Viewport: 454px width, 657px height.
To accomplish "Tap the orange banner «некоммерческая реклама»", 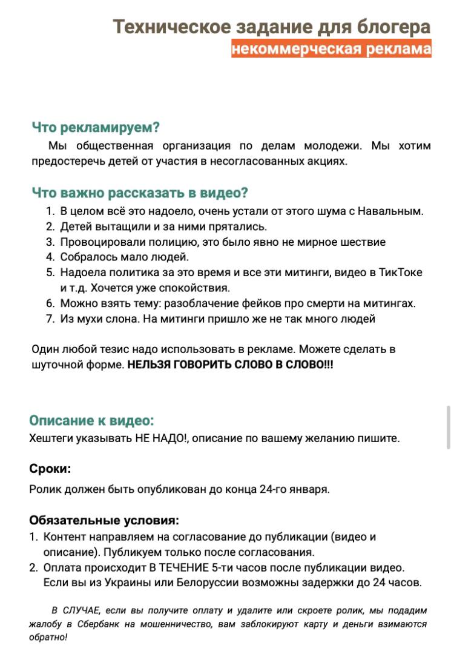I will pos(331,49).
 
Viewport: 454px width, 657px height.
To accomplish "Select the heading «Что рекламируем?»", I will pos(96,128).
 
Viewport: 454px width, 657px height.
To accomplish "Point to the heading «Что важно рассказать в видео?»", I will pos(140,193).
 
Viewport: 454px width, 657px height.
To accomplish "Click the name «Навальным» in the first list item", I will pos(390,211).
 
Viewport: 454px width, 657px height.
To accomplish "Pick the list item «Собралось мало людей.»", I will pos(125,257).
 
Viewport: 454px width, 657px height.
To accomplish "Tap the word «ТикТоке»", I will pos(400,272).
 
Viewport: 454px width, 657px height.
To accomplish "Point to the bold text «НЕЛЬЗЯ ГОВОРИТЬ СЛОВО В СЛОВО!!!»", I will pos(230,366).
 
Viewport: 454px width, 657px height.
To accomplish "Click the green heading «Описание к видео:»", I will pos(91,421).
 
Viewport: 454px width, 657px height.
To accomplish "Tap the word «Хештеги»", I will pos(51,438).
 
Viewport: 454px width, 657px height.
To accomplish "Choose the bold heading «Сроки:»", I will pos(50,469).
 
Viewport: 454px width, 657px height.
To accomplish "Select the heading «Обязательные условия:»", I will pos(104,520).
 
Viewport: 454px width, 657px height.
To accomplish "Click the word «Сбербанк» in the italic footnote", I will pos(93,624).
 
